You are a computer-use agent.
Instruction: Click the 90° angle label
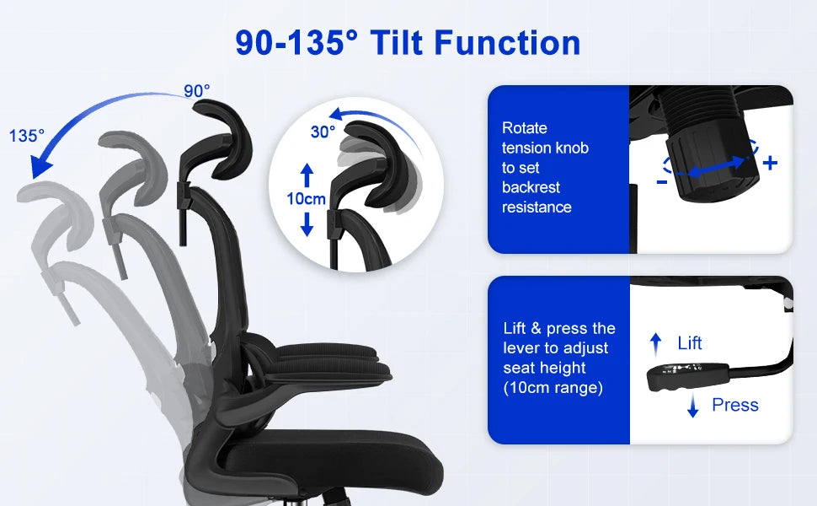pos(197,91)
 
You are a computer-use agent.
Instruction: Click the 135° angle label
pos(27,136)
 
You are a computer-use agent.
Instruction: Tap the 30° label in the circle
pos(323,132)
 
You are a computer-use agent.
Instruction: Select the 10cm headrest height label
pos(307,199)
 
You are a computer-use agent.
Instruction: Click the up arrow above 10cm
pos(307,175)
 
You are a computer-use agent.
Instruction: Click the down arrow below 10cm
pos(307,223)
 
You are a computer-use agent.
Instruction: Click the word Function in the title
pos(507,42)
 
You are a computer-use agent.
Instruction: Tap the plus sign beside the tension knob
pos(770,163)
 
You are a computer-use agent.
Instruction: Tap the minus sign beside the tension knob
pos(662,182)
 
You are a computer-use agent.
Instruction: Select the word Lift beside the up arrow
pos(689,343)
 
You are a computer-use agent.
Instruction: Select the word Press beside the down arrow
pos(735,405)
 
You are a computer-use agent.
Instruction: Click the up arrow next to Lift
pos(656,345)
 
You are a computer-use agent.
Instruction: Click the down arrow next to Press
pos(692,406)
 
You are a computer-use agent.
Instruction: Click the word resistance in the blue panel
pos(537,207)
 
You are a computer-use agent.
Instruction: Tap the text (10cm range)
pos(553,388)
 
